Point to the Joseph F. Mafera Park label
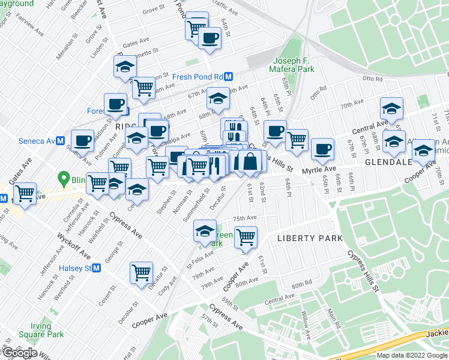point(294,65)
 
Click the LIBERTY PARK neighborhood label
point(310,238)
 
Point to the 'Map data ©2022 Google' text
point(412,355)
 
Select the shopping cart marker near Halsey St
point(142,272)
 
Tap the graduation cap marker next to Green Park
point(205,230)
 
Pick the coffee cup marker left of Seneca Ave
point(82,140)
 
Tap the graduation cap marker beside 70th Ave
point(391,108)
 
